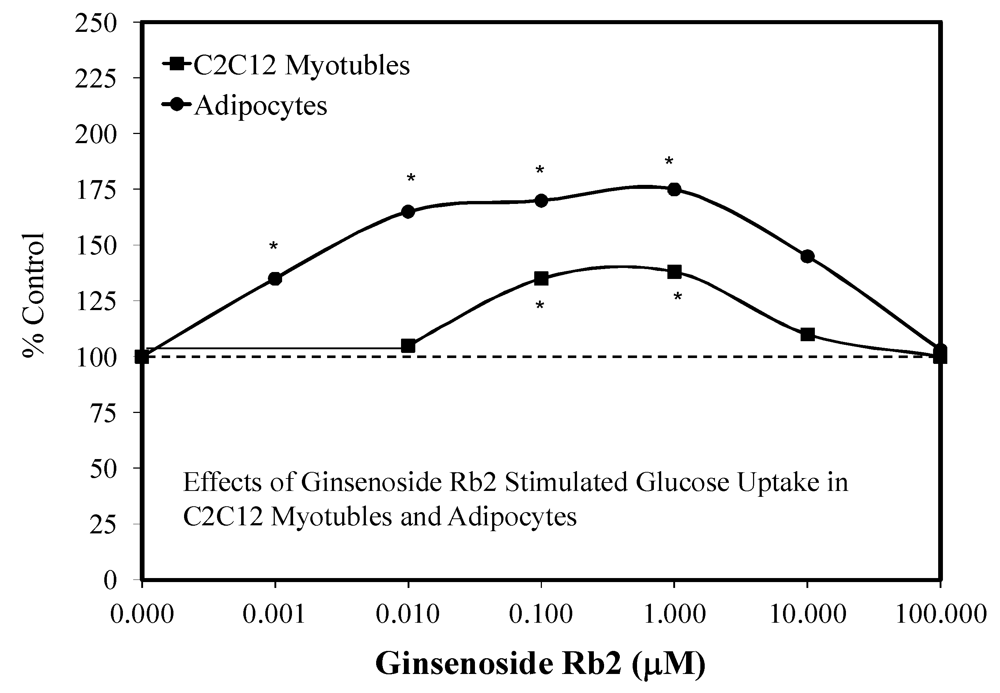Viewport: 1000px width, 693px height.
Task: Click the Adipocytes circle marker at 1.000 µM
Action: point(674,189)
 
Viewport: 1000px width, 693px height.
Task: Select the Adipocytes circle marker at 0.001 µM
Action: point(275,278)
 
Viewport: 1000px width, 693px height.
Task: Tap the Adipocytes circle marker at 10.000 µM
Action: point(807,256)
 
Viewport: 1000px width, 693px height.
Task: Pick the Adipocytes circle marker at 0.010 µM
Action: point(408,212)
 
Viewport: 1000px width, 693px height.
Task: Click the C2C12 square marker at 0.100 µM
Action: point(541,278)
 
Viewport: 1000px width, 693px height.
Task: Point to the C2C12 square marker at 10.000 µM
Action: point(807,334)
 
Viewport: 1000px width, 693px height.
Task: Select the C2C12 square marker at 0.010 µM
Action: point(408,346)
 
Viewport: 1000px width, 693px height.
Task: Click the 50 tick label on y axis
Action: point(103,469)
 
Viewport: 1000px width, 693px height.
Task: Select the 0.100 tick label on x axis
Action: point(541,614)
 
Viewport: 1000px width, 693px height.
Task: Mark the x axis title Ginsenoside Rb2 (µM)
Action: point(540,663)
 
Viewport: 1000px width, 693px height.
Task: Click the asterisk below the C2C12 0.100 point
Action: point(539,306)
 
